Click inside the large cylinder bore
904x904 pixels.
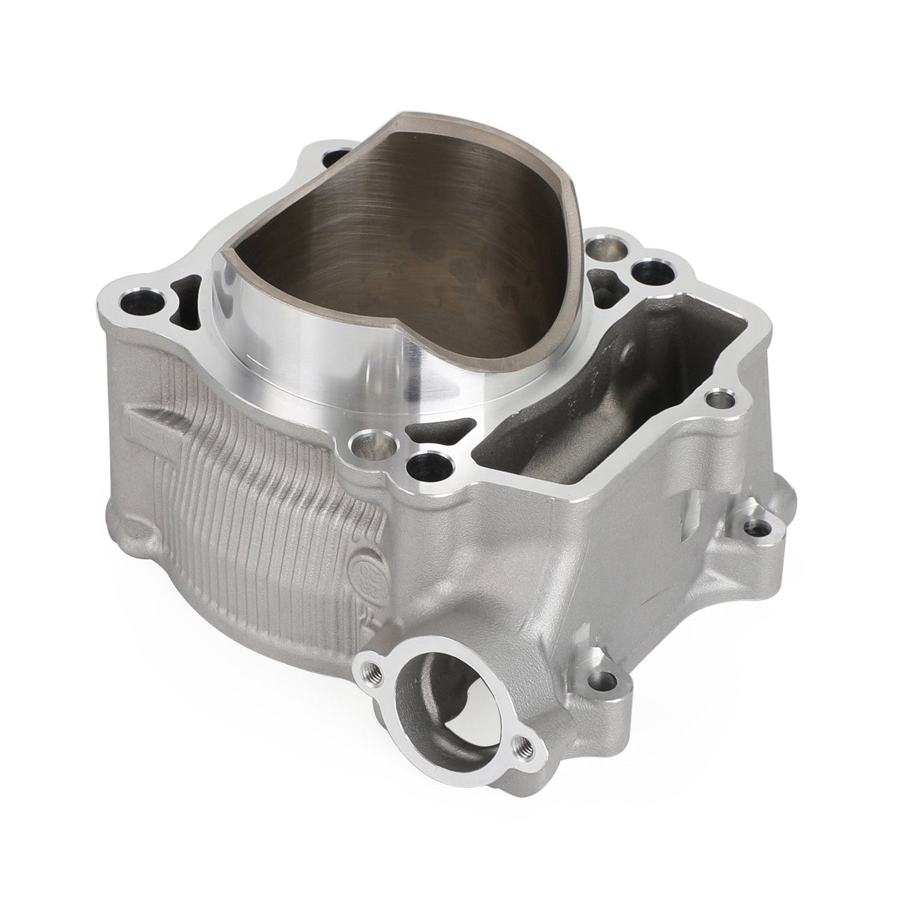pyautogui.click(x=400, y=238)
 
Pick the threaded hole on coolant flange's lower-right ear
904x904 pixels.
pyautogui.click(x=524, y=745)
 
